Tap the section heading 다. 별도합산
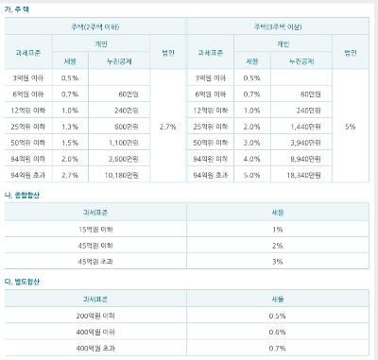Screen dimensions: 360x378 tap(23, 281)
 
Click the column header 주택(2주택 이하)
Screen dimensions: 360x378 tap(94, 27)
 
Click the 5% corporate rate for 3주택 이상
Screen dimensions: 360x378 tap(351, 125)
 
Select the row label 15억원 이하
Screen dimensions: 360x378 tap(95, 230)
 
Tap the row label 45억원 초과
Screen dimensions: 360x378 tap(95, 262)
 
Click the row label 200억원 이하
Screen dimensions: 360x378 tap(95, 316)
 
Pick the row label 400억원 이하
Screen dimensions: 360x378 tap(95, 332)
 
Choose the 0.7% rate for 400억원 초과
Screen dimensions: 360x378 tap(277, 348)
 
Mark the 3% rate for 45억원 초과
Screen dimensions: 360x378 tap(277, 262)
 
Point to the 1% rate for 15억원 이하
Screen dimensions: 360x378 tap(277, 230)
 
